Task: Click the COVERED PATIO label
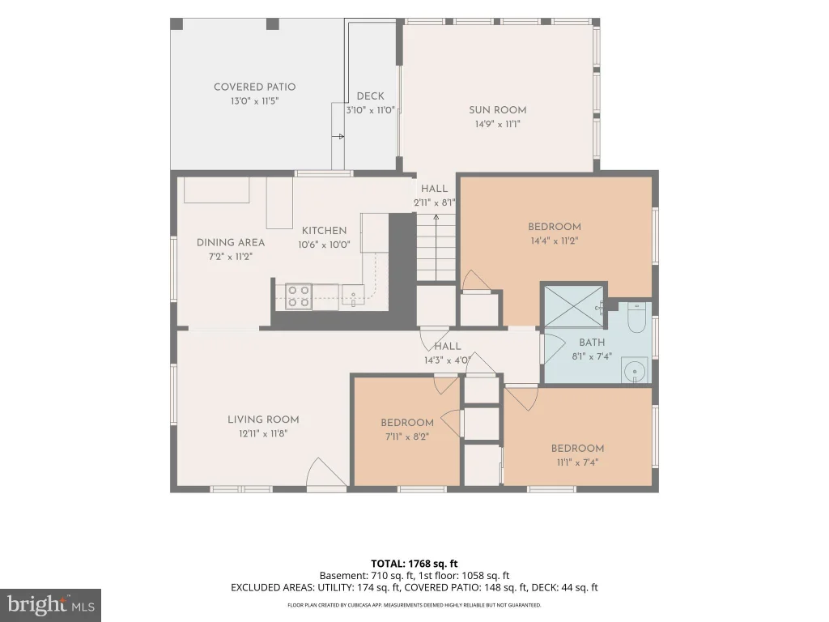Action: pos(254,87)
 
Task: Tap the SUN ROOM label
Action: pos(498,110)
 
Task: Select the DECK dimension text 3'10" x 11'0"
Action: pos(370,110)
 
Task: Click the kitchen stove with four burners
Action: pos(298,296)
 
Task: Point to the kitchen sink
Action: pos(353,295)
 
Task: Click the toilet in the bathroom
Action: pos(636,317)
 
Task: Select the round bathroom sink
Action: pos(635,371)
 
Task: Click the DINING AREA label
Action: pos(231,242)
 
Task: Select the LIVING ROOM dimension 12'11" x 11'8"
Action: pos(263,434)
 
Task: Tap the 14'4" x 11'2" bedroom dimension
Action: pos(555,241)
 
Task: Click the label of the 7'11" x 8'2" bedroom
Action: pos(407,423)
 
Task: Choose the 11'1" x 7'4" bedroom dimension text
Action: pos(577,462)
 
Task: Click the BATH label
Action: pos(592,343)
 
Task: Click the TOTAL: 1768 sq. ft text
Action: pos(414,564)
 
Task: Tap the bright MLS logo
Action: pos(50,605)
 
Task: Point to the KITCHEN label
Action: pos(324,231)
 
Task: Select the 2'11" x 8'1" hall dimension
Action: pos(435,202)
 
